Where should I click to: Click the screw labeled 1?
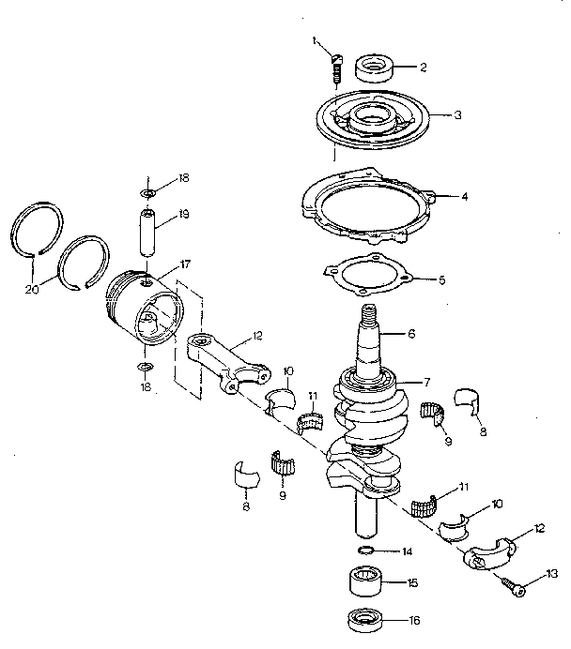[x=333, y=68]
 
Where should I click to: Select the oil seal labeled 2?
[x=373, y=68]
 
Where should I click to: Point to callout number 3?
[x=456, y=115]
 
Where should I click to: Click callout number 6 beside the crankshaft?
[x=409, y=333]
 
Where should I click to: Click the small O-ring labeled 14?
[x=369, y=550]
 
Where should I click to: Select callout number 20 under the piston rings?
[x=32, y=290]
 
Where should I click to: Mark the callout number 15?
[x=412, y=582]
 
